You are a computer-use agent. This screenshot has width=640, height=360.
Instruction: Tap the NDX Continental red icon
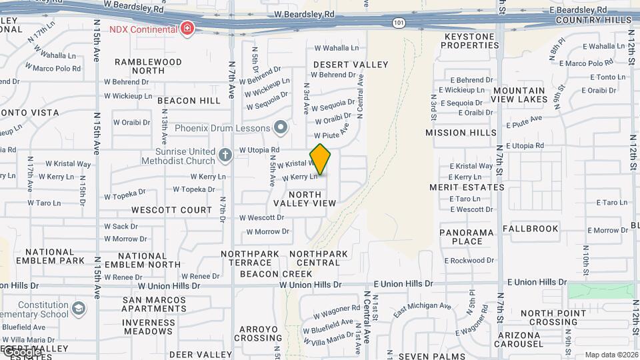coord(188,29)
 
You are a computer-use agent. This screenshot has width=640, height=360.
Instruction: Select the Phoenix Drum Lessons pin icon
coord(281,127)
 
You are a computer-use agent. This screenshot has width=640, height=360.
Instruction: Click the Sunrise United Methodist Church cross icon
coord(225,155)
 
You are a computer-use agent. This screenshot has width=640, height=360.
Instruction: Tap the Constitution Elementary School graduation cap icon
coord(79,308)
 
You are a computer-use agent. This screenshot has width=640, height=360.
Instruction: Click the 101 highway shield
coord(398,23)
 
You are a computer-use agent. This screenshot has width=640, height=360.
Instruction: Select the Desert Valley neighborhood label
coord(350,65)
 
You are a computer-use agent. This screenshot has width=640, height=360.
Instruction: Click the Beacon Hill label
coord(189,101)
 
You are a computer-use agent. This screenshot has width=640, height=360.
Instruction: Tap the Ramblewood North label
coord(148,66)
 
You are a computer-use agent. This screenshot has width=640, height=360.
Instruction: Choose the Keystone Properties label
coord(470,41)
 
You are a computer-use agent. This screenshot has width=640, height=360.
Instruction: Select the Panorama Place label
coord(467,237)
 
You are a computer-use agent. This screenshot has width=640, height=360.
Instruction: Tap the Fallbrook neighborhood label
coord(531,228)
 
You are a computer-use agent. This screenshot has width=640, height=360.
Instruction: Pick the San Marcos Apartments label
coord(155,304)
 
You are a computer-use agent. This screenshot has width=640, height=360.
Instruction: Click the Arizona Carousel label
coord(531,339)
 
